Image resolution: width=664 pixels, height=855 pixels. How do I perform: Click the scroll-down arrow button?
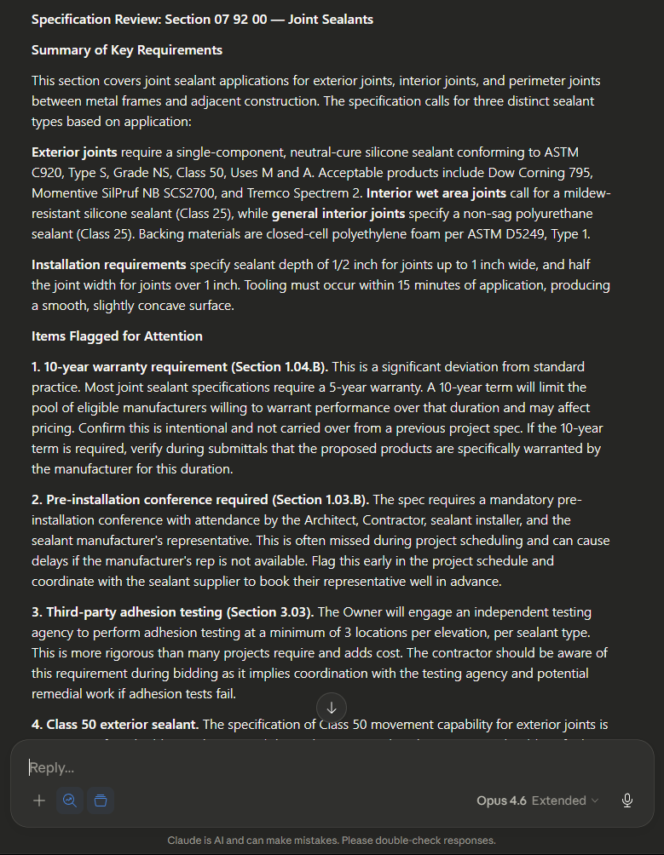pyautogui.click(x=332, y=707)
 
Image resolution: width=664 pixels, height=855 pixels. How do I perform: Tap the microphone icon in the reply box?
pyautogui.click(x=627, y=800)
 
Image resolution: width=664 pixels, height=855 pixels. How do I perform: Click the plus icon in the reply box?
pyautogui.click(x=39, y=800)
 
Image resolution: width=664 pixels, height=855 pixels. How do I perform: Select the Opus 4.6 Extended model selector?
pyautogui.click(x=537, y=800)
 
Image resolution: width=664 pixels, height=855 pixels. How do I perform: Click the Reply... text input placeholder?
pyautogui.click(x=52, y=767)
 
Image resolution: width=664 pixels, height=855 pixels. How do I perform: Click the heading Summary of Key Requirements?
pyautogui.click(x=127, y=50)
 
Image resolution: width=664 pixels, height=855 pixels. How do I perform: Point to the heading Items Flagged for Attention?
pyautogui.click(x=117, y=336)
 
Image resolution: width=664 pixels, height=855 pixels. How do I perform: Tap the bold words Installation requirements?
pyautogui.click(x=108, y=265)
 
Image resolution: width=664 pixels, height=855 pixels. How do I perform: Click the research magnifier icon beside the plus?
pyautogui.click(x=70, y=800)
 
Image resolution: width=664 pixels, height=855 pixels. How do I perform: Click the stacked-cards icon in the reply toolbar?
pyautogui.click(x=101, y=800)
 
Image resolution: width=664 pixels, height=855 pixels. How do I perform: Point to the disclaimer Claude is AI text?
pyautogui.click(x=332, y=841)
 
